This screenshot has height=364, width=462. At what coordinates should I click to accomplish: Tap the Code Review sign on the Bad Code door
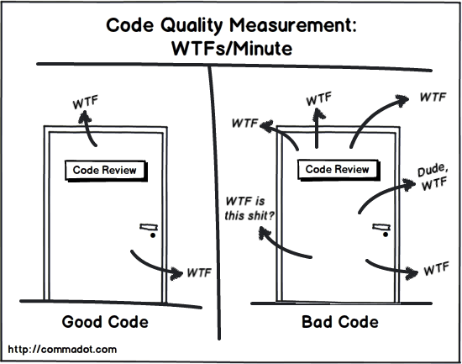[x=337, y=169]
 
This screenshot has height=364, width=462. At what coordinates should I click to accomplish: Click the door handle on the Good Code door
[x=150, y=226]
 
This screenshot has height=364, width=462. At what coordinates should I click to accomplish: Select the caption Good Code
[x=106, y=322]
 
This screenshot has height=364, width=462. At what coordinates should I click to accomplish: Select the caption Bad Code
[x=339, y=322]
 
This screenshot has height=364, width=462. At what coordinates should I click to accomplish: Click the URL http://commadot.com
[x=61, y=348]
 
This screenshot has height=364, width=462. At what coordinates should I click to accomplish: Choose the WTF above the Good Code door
[x=84, y=105]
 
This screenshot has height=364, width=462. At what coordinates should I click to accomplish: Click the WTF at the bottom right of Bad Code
[x=435, y=270]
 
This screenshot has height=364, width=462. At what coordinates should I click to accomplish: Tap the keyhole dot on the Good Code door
[x=152, y=236]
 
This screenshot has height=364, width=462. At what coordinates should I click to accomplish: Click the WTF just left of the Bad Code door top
[x=245, y=124]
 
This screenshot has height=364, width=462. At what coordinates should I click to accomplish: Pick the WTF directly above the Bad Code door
[x=319, y=99]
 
